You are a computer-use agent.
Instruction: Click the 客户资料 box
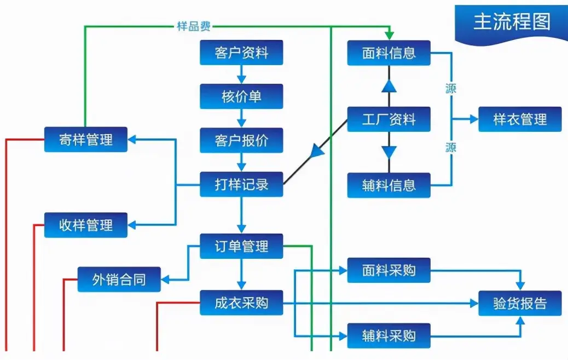click(241, 53)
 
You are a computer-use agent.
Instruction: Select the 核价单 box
click(241, 96)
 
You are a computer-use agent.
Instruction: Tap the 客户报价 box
click(241, 141)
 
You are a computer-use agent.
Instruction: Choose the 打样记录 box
click(241, 184)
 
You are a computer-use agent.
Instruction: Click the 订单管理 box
click(241, 246)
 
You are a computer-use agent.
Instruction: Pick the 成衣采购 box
click(241, 303)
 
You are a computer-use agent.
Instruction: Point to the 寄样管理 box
click(85, 140)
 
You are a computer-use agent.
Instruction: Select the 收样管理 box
click(85, 225)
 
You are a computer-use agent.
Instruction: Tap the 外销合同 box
click(119, 280)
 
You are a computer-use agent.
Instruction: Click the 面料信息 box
click(389, 53)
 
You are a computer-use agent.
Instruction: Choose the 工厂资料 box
click(389, 119)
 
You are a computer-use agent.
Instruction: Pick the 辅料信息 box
click(389, 185)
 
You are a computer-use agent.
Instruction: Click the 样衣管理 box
click(520, 119)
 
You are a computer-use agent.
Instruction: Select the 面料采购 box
click(389, 270)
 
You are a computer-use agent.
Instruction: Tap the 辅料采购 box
click(389, 336)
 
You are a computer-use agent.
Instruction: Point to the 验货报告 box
click(520, 303)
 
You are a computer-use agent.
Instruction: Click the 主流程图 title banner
click(511, 22)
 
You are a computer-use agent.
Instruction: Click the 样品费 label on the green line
click(194, 26)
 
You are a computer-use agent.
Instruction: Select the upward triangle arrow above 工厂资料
click(389, 85)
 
